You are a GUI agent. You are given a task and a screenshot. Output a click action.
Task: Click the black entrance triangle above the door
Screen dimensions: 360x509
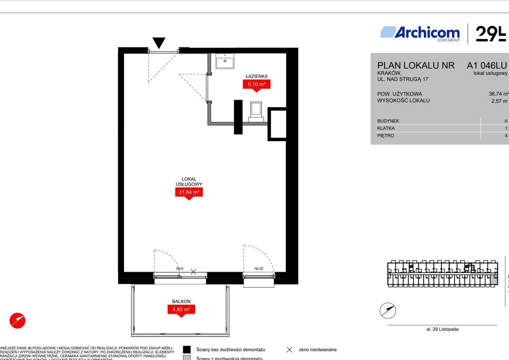tap(159, 43)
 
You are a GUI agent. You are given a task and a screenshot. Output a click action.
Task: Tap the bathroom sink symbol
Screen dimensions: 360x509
tap(224, 61)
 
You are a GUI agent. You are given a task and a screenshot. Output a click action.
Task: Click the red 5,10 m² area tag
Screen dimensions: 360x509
tap(257, 84)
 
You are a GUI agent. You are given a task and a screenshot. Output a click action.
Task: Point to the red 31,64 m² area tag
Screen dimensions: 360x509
tap(189, 193)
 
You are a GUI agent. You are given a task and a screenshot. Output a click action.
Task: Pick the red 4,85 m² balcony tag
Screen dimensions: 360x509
tap(181, 309)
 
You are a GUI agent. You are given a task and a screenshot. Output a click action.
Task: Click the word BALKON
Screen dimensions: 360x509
tap(181, 301)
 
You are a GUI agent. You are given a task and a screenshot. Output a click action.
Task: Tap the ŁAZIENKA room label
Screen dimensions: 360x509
tap(257, 77)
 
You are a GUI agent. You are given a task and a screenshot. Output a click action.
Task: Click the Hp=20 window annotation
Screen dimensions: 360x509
tap(259, 269)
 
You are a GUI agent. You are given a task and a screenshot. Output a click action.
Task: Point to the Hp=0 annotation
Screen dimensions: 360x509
tap(180, 269)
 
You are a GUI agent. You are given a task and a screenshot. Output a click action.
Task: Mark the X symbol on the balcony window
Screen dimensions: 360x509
tap(193, 272)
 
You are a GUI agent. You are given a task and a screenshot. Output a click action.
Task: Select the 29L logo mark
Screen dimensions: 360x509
tap(491, 34)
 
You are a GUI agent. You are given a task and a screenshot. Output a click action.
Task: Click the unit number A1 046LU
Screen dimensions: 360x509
tap(486, 65)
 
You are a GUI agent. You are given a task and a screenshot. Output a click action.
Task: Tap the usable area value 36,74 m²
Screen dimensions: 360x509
tap(498, 94)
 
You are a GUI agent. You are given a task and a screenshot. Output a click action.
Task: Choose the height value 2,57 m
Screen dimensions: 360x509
tap(499, 101)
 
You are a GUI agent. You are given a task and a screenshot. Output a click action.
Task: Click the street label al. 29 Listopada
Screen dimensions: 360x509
tap(442, 329)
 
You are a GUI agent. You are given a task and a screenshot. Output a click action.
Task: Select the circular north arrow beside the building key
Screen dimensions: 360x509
tap(387, 311)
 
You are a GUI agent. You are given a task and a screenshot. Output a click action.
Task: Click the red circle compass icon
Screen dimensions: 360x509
tap(17, 320)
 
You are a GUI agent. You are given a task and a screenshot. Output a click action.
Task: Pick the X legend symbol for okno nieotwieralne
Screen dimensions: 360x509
tap(289, 350)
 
